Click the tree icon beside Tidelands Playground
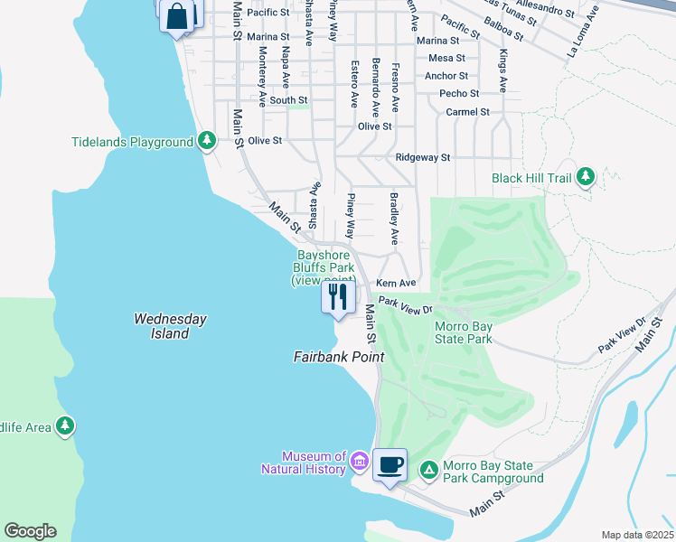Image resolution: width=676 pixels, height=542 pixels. point(208,141)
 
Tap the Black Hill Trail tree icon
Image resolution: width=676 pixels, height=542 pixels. point(586,177)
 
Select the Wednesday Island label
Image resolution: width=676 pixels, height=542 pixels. point(170,326)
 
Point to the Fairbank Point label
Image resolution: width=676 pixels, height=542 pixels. point(339,357)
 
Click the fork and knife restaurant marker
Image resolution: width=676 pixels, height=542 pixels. point(338,297)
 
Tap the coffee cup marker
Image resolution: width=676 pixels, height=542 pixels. point(390,465)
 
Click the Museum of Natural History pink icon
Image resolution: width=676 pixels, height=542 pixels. point(359,463)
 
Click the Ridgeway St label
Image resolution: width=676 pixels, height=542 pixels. point(423,157)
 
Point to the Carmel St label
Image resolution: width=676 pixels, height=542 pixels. point(467,112)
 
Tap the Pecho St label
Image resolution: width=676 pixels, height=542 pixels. point(459,93)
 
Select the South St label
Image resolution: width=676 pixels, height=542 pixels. point(288,100)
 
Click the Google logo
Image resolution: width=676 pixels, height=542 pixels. point(30,531)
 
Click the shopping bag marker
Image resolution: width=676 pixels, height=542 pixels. point(178,15)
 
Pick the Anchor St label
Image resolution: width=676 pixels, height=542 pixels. point(446,76)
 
